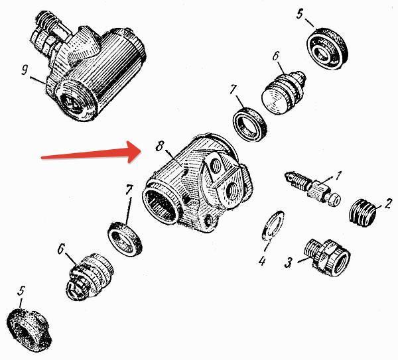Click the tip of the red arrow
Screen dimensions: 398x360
[x=141, y=151]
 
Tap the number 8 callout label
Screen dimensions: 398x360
[x=159, y=146]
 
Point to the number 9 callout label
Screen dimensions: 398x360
[x=25, y=70]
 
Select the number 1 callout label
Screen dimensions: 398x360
[x=337, y=176]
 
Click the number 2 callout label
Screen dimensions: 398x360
[x=388, y=204]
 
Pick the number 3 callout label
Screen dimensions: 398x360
[x=289, y=263]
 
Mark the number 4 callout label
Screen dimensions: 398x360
[x=262, y=261]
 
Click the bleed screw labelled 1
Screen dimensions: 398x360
[x=312, y=188]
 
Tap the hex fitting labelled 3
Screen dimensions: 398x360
[x=327, y=257]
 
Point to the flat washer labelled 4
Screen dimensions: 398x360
[x=273, y=225]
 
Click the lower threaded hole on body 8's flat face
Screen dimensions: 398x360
[x=232, y=192]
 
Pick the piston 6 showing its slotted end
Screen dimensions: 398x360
[x=89, y=276]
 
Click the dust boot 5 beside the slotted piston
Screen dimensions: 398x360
[x=29, y=330]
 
